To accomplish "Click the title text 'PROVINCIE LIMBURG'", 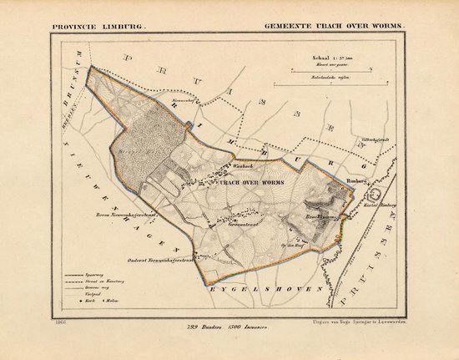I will tap(97, 26).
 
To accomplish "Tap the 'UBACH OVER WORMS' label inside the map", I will tap(251, 181).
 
